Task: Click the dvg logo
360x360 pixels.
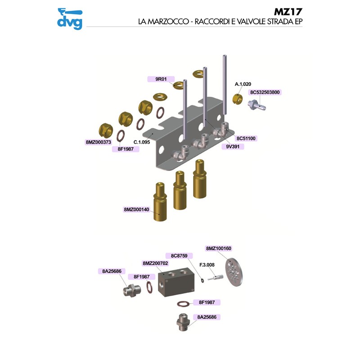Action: [70, 18]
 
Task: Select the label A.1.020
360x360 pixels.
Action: [243, 84]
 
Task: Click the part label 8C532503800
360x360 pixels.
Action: [265, 93]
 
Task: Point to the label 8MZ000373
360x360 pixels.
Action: [98, 142]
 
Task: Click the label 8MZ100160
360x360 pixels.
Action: [218, 248]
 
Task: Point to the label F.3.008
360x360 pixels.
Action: [207, 265]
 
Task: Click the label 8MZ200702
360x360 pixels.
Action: [155, 263]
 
